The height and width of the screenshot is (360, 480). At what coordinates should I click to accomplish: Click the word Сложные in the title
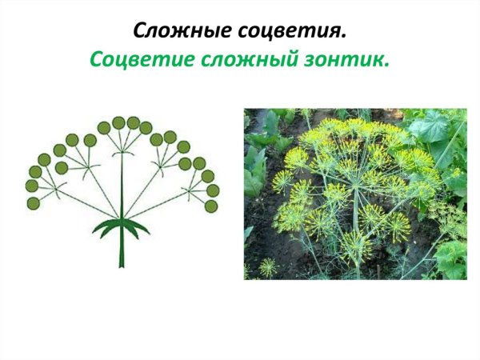click(174, 32)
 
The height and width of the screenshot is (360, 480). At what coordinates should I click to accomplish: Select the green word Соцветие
click(133, 61)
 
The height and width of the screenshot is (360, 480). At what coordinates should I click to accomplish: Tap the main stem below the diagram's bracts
click(122, 252)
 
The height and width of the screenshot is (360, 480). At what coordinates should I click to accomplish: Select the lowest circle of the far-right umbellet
click(211, 206)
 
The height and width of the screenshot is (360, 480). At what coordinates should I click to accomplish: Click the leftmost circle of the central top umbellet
click(104, 128)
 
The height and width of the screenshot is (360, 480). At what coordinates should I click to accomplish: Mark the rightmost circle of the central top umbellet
click(146, 128)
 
